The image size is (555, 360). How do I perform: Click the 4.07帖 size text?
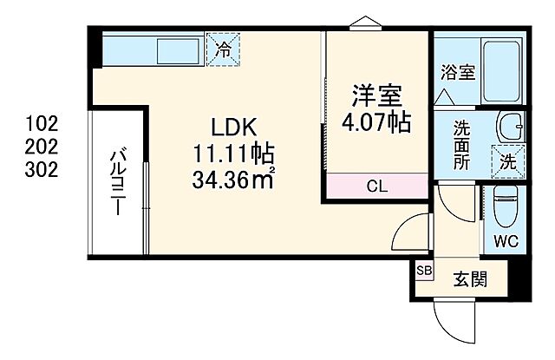point(375,121)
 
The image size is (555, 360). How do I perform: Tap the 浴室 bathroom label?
point(458,72)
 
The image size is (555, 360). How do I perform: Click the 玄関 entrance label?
point(468,279)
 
